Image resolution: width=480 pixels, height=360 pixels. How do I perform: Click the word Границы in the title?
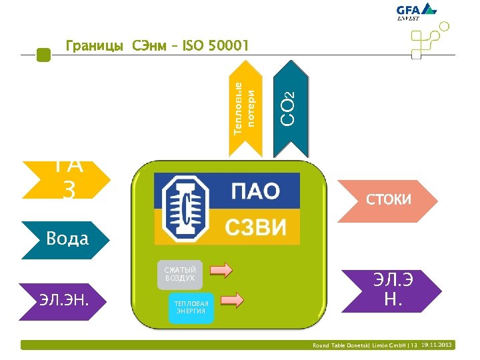tap(94, 46)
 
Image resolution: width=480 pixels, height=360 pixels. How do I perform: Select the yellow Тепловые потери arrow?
tap(245, 107)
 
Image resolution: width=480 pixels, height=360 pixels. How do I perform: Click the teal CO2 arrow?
tap(291, 107)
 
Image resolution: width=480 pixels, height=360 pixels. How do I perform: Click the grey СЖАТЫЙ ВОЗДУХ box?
tap(180, 274)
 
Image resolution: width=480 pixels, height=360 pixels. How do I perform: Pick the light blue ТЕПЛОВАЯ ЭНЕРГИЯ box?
tap(192, 307)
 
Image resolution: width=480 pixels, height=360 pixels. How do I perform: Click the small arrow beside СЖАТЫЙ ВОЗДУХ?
tap(221, 270)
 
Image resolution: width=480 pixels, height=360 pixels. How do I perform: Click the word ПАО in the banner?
tap(255, 191)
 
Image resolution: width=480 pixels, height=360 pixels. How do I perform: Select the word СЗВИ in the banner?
tap(255, 227)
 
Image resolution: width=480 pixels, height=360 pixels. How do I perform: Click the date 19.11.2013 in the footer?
tap(437, 345)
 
